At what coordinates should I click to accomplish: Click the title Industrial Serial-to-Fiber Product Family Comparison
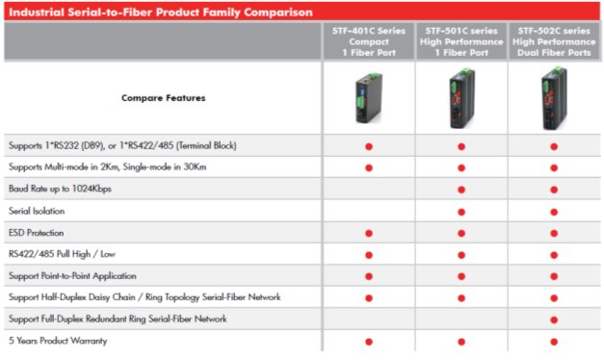pos(160,13)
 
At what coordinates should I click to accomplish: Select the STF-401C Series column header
pos(368,41)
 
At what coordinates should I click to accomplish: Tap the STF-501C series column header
pos(460,41)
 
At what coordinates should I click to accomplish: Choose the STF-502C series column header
pos(553,41)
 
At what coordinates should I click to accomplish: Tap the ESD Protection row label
pos(37,232)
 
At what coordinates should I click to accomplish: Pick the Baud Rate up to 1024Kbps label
pos(60,189)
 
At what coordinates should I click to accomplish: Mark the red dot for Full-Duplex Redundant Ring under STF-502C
pos(554,319)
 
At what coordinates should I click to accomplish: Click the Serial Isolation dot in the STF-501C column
pos(461,211)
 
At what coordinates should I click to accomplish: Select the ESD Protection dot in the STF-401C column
pos(369,233)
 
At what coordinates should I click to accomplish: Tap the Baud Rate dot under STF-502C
pos(554,190)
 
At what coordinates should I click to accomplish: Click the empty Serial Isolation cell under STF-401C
pos(369,211)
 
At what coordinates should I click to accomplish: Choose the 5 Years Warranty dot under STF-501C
pos(461,342)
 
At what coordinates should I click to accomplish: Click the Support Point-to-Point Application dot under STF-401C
pos(369,276)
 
